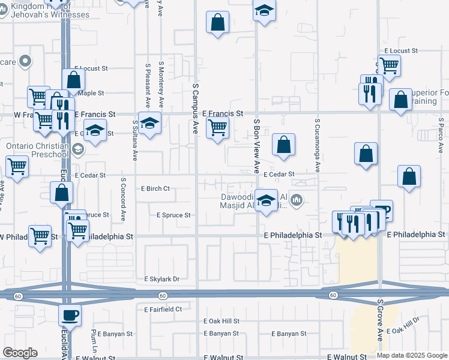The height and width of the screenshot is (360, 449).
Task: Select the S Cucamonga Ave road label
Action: pos(317,145)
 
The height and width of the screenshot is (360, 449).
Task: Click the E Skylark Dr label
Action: pos(162,279)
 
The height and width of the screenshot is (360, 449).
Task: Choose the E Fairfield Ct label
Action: pos(163,309)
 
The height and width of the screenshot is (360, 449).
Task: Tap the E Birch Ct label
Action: pos(155,188)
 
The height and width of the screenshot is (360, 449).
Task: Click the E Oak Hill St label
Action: pos(221,321)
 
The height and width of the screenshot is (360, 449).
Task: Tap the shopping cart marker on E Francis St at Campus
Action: pos(217,127)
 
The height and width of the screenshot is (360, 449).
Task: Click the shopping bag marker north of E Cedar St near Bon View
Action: pos(283,145)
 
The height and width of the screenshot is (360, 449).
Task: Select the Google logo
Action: pos(20,352)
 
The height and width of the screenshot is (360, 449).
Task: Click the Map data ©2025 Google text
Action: pos(412,355)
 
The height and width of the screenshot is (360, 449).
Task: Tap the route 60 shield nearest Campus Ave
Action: pos(163,295)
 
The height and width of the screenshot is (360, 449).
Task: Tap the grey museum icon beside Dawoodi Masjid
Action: pos(296,199)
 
